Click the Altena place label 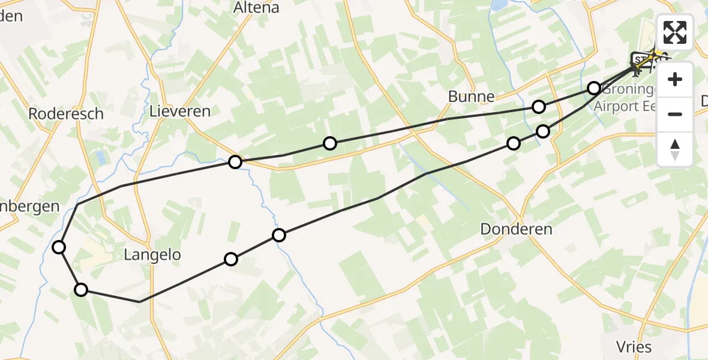point(256,8)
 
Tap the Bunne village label point(472,96)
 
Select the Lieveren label point(180,111)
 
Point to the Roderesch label point(66,113)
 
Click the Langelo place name point(152,254)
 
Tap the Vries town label point(634,346)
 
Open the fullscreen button point(675,32)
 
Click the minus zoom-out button point(675,114)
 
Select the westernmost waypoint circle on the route point(59,247)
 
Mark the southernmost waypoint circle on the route point(81,290)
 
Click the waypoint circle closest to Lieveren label point(235,161)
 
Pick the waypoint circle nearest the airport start point(593,88)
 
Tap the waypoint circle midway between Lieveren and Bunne point(330,143)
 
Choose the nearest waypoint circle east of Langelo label point(231,259)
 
